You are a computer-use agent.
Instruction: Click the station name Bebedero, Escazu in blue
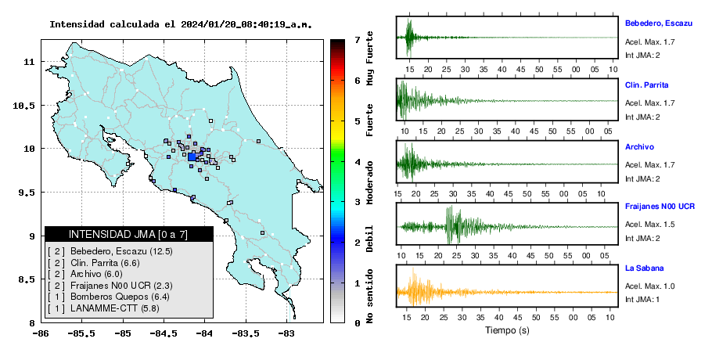pos(659,23)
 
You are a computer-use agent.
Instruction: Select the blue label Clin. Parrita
pos(646,85)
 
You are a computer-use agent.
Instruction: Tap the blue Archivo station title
pos(639,146)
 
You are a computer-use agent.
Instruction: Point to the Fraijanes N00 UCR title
pos(660,206)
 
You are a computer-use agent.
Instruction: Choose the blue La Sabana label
pos(645,268)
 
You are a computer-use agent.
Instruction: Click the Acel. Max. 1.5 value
pos(649,225)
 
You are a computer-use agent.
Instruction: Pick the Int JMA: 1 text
pos(642,299)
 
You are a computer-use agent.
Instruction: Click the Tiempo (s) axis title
pos(507,330)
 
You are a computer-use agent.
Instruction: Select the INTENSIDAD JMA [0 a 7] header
pos(128,234)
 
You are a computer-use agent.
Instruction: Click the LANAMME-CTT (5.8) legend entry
pos(103,308)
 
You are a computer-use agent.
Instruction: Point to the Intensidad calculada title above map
pos(181,24)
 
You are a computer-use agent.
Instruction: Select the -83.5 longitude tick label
pos(246,333)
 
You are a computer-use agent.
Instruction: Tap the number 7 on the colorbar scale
pos(358,40)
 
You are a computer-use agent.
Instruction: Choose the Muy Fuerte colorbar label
pos(369,58)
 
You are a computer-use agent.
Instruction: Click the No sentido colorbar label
pos(369,296)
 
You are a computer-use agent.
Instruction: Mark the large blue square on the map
pos(192,157)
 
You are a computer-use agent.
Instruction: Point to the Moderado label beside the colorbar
pos(369,182)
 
